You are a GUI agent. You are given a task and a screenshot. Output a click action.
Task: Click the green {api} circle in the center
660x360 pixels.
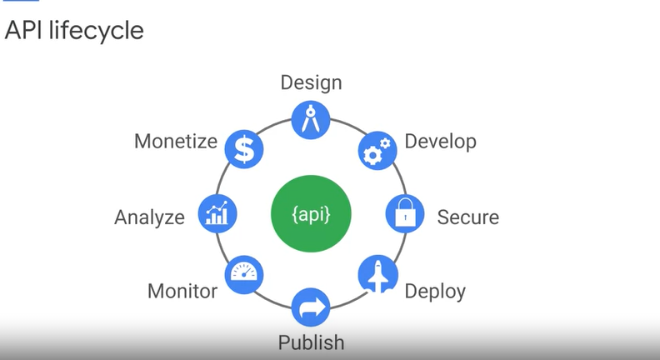coord(311,214)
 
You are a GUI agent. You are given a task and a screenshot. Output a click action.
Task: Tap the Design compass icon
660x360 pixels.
coord(311,119)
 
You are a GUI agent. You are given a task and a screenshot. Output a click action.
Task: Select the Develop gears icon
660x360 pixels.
coord(378,151)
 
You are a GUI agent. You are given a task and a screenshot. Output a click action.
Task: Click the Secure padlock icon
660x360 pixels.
coord(405,214)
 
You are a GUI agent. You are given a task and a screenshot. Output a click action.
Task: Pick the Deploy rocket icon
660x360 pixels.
coord(377,274)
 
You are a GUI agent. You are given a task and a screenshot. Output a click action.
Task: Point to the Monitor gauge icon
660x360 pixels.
coord(244,274)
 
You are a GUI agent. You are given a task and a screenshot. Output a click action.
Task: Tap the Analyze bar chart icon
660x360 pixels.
coord(217,214)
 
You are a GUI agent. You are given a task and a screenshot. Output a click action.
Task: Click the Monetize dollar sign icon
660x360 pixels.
coord(244,151)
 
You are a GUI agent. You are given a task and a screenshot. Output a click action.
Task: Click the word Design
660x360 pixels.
coord(311,82)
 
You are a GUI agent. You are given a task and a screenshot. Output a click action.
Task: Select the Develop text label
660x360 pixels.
coord(440,142)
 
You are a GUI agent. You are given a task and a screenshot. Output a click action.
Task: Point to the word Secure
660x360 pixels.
coord(467,218)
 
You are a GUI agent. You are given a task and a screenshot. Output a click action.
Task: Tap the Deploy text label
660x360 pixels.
coord(435,292)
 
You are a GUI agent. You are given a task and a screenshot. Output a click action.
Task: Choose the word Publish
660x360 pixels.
coord(311,342)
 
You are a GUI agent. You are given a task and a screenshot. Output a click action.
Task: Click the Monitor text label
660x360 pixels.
coord(182,292)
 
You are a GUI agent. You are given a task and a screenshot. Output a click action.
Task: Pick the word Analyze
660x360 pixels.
coord(149,218)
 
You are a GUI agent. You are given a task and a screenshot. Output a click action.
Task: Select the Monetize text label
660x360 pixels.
coord(176,142)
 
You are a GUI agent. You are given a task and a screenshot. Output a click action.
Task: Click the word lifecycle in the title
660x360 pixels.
coord(94,31)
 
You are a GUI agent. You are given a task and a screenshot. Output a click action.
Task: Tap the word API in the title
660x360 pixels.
coord(22,31)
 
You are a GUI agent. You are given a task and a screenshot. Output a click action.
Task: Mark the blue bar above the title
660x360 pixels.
coord(22,2)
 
